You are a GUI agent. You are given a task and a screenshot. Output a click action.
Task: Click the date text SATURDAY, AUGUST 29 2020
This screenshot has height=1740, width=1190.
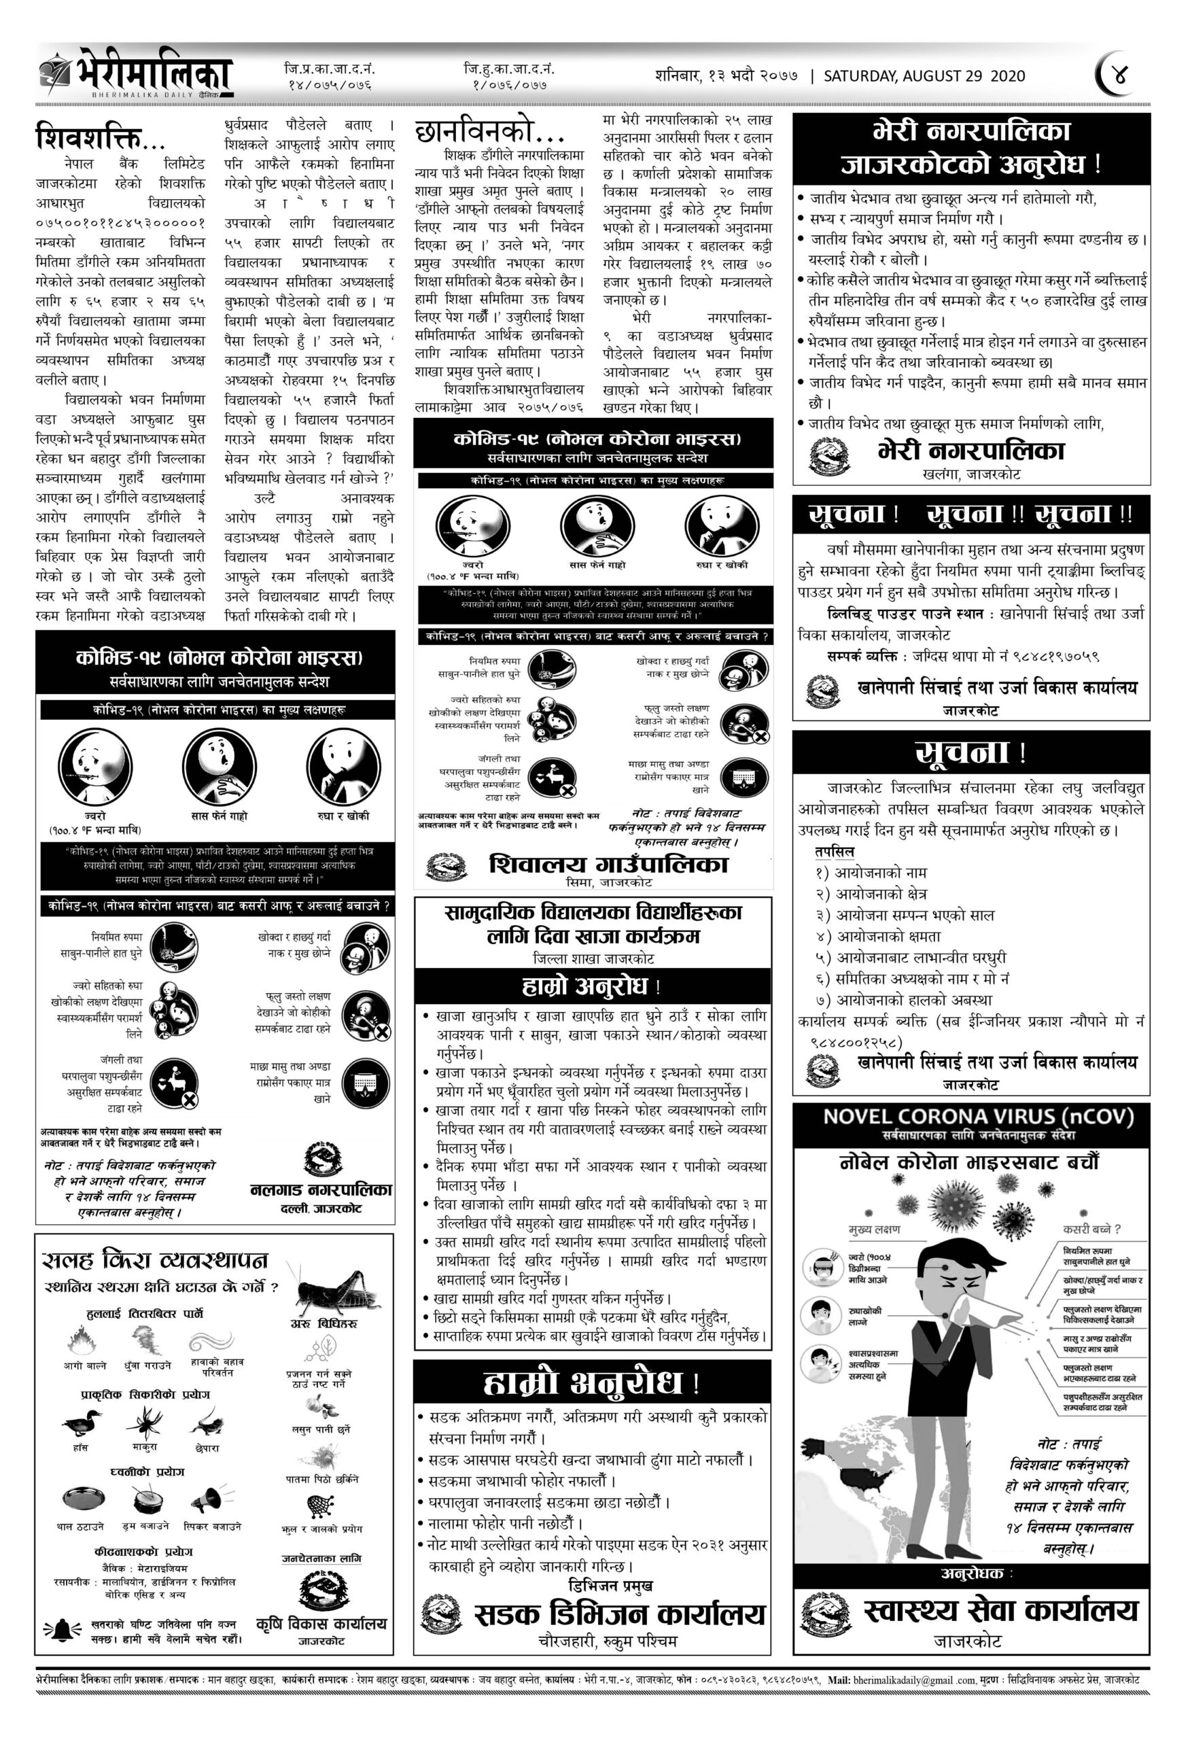(x=924, y=75)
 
